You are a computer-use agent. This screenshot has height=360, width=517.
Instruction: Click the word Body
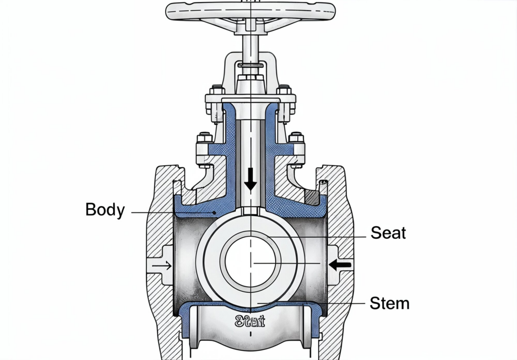[105, 209]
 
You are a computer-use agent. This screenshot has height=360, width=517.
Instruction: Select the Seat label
[388, 233]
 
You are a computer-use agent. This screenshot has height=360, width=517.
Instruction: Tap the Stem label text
[389, 303]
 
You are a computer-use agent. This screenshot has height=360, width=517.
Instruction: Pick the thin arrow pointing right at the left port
[162, 265]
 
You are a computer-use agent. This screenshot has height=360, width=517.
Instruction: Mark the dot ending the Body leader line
[215, 213]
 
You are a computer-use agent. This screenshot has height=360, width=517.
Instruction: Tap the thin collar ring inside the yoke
[250, 64]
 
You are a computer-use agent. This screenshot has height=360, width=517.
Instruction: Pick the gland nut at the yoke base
[250, 81]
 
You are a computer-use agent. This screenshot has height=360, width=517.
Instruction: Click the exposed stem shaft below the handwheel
[250, 48]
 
